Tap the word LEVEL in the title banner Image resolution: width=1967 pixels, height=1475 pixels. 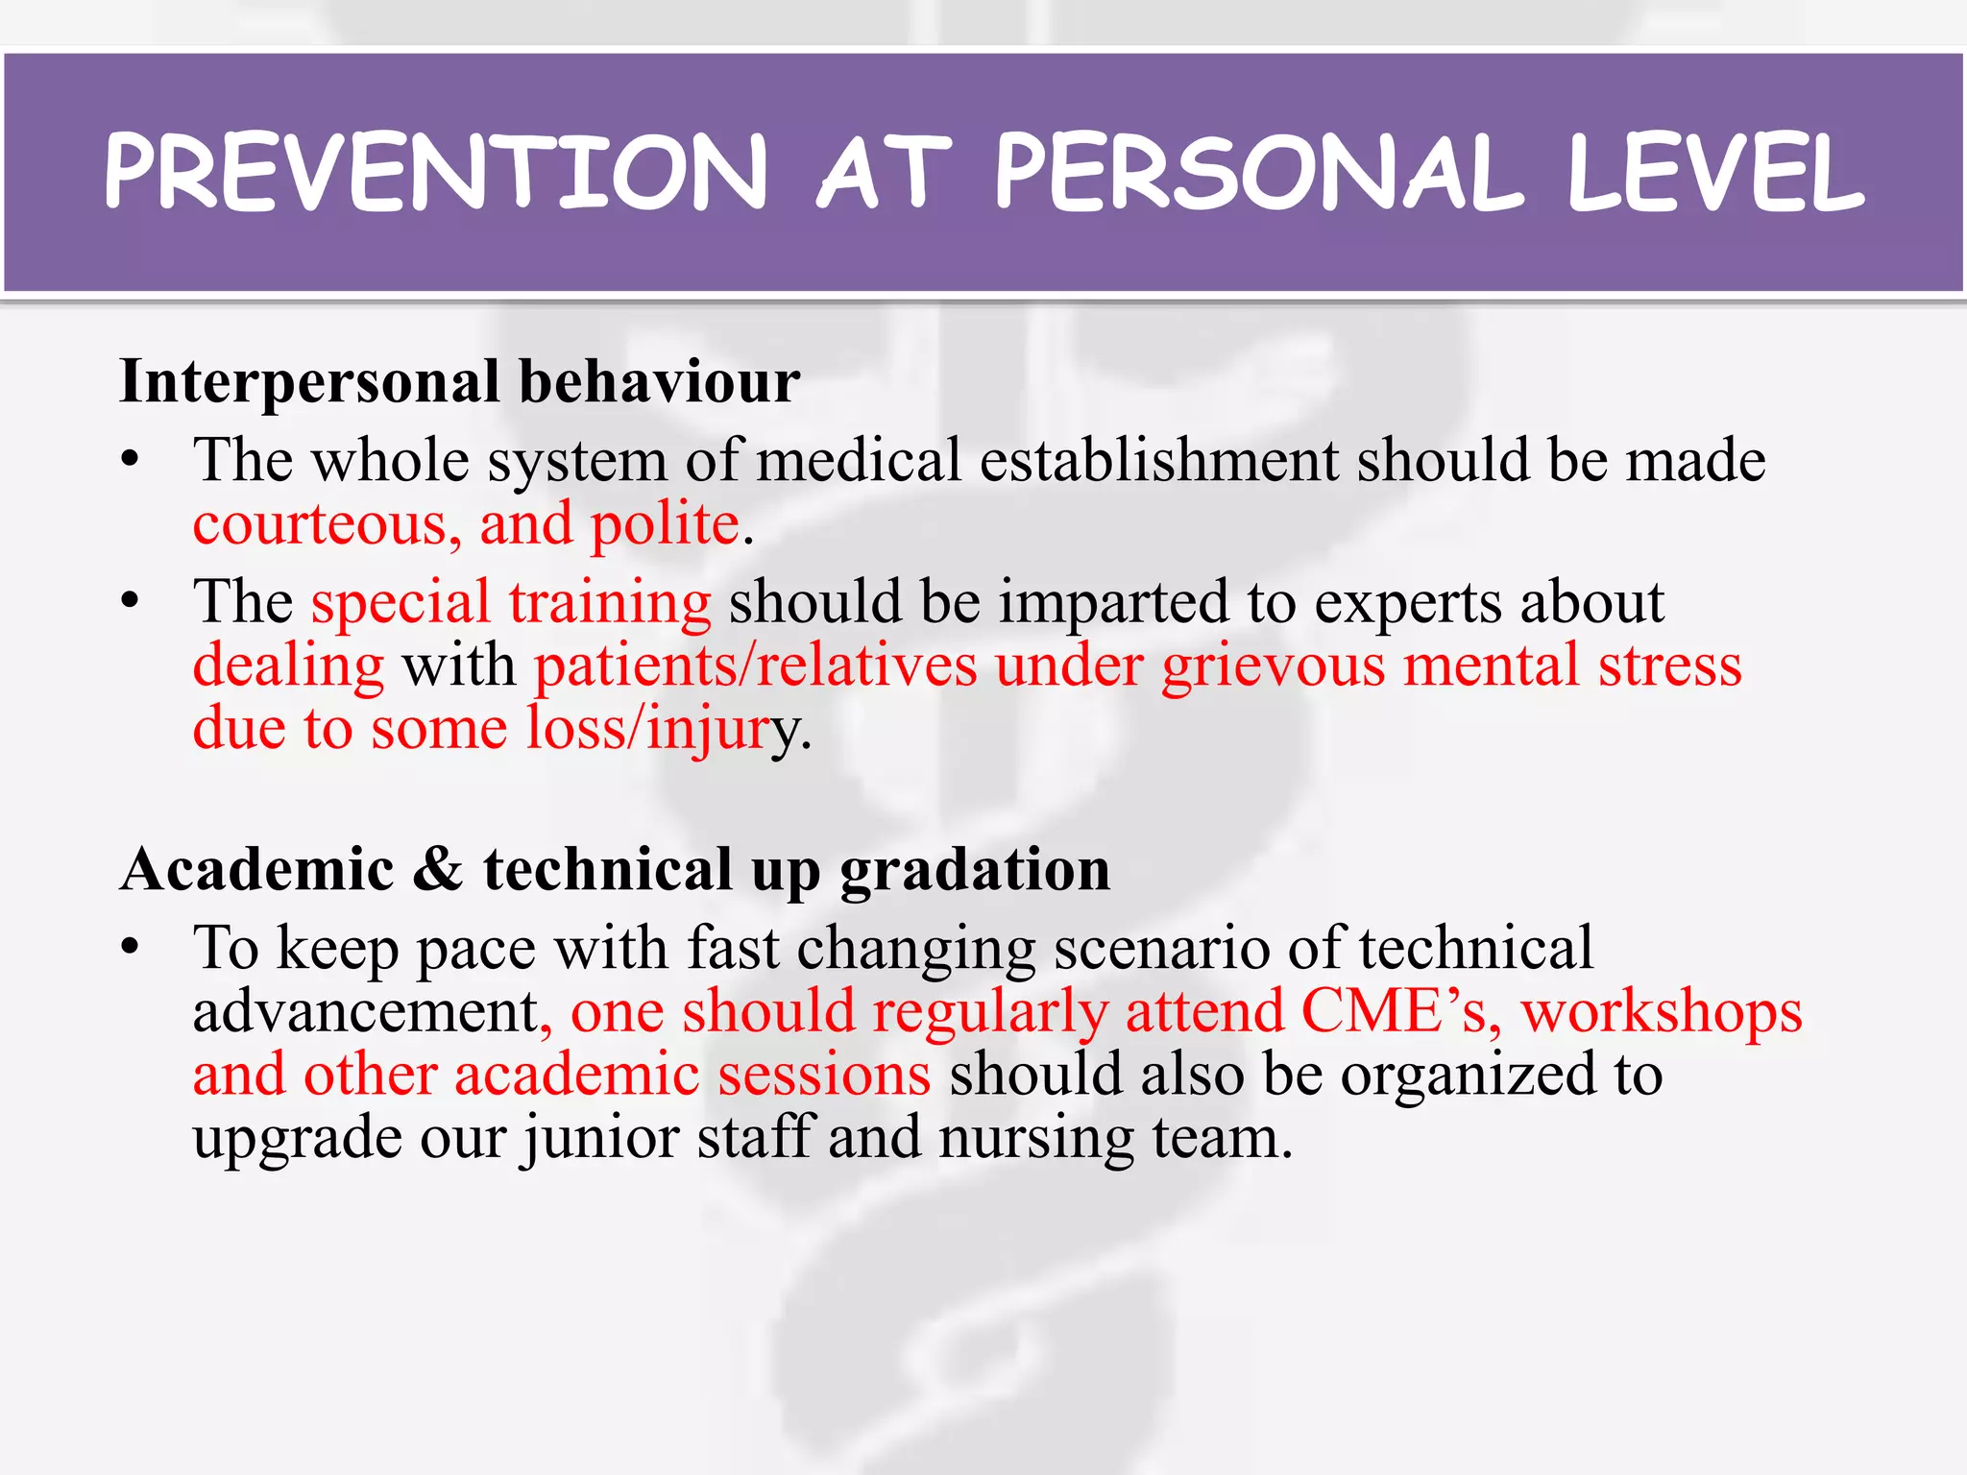[1715, 173]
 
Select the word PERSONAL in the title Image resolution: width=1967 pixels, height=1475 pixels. [1258, 173]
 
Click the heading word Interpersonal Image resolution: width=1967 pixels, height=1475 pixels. [309, 382]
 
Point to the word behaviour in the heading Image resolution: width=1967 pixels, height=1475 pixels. [660, 382]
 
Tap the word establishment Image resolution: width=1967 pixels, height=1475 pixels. [1159, 461]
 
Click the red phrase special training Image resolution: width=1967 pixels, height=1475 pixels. [511, 603]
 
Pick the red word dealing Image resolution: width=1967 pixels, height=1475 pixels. [288, 665]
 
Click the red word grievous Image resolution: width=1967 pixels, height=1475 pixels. [1274, 665]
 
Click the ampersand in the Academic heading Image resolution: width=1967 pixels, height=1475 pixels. [439, 870]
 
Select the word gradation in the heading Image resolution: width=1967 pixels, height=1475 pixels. [975, 870]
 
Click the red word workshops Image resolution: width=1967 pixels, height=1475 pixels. [1662, 1012]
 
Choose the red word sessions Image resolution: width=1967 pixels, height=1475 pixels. [824, 1075]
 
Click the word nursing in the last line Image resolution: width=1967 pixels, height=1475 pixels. [1037, 1138]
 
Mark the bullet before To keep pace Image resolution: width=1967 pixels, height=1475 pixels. [131, 947]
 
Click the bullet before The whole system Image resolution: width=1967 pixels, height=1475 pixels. [131, 460]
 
